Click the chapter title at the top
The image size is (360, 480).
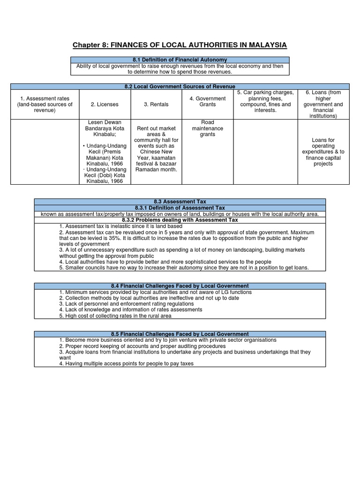coord(180,45)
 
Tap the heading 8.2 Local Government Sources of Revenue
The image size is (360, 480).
coord(180,86)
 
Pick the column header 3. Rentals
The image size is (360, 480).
coord(156,105)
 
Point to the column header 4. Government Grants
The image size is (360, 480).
coord(207,101)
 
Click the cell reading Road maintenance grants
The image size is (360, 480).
coord(207,128)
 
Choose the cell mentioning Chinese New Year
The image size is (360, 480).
coord(156,149)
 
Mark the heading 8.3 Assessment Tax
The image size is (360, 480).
coord(180,202)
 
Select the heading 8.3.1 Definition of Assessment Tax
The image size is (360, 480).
coord(180,208)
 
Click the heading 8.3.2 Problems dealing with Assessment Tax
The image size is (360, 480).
coord(180,220)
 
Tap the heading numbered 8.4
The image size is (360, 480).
coord(180,286)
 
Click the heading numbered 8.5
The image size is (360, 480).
coord(180,334)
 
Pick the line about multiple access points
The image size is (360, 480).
coord(126,364)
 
